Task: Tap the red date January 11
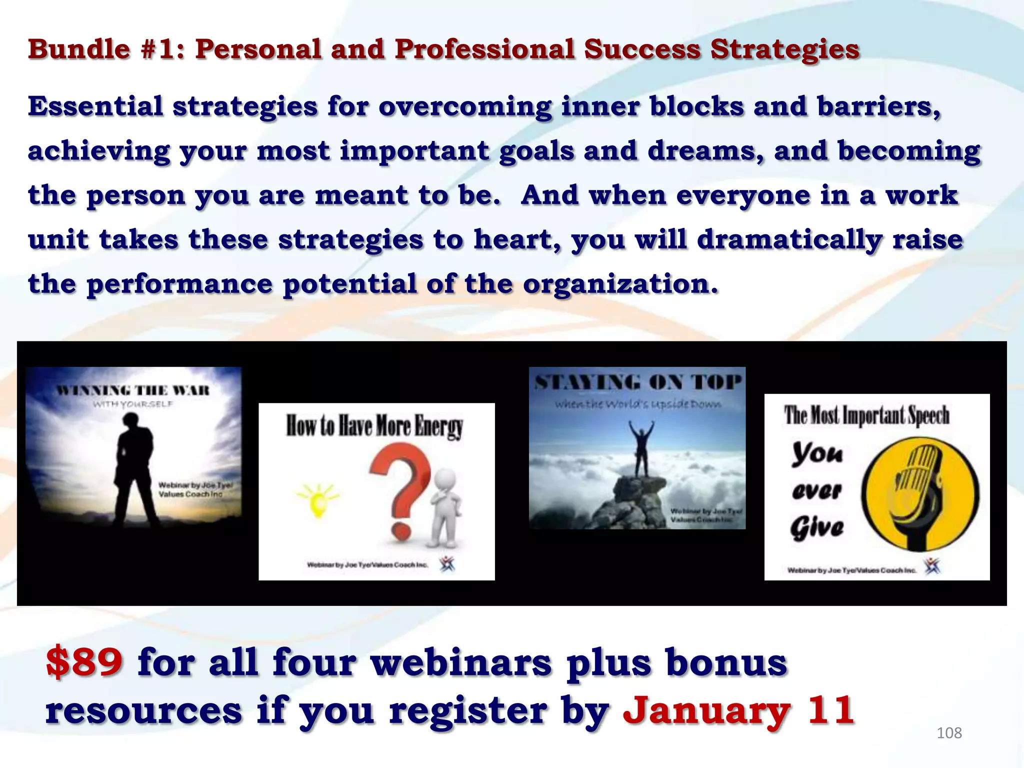coord(738,710)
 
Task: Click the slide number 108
coord(948,733)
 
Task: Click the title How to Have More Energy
coord(374,426)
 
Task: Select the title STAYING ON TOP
coord(637,383)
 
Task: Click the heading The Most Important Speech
coord(866,415)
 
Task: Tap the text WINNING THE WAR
coord(132,390)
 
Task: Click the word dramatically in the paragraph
coord(789,239)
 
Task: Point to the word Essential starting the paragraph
coord(95,106)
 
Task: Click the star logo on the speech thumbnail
coord(931,566)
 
